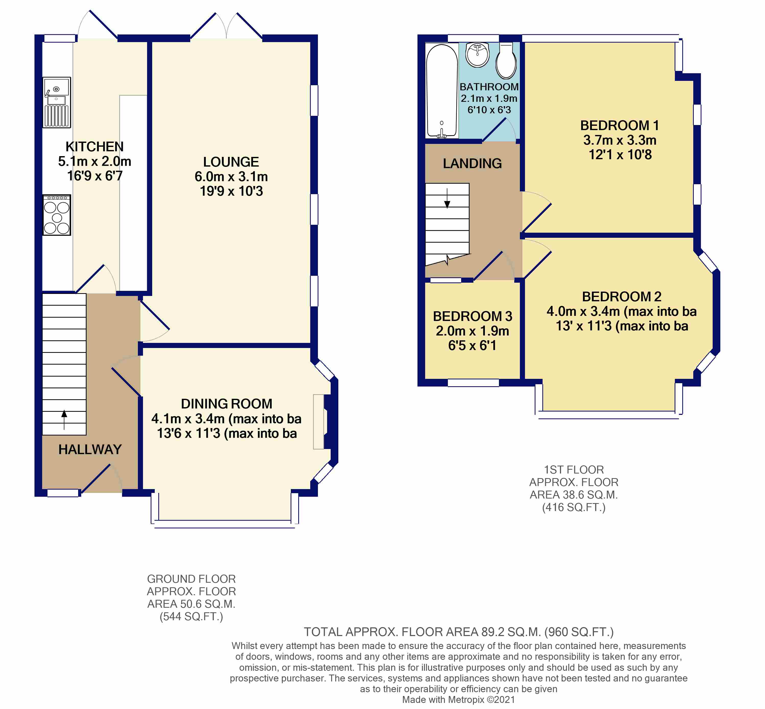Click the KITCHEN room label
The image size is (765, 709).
(94, 146)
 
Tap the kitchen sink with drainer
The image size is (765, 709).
(56, 102)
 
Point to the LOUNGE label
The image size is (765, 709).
(231, 162)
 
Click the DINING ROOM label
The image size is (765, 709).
(226, 404)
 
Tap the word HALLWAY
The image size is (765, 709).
(90, 449)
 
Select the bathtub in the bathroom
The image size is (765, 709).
(442, 91)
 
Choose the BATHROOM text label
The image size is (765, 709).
(489, 87)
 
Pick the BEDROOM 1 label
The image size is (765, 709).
(619, 126)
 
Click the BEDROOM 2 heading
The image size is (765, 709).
(621, 296)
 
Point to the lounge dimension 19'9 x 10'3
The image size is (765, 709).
(231, 191)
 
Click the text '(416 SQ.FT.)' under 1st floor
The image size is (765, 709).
(574, 508)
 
